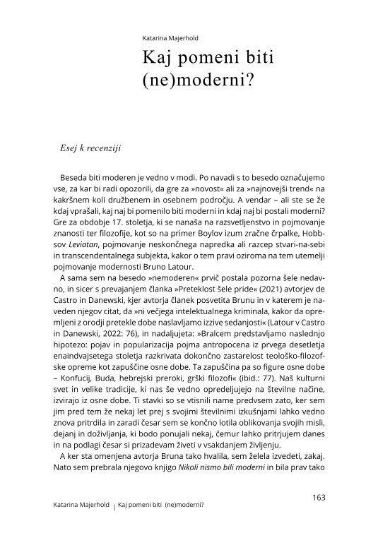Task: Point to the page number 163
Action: click(x=318, y=497)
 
